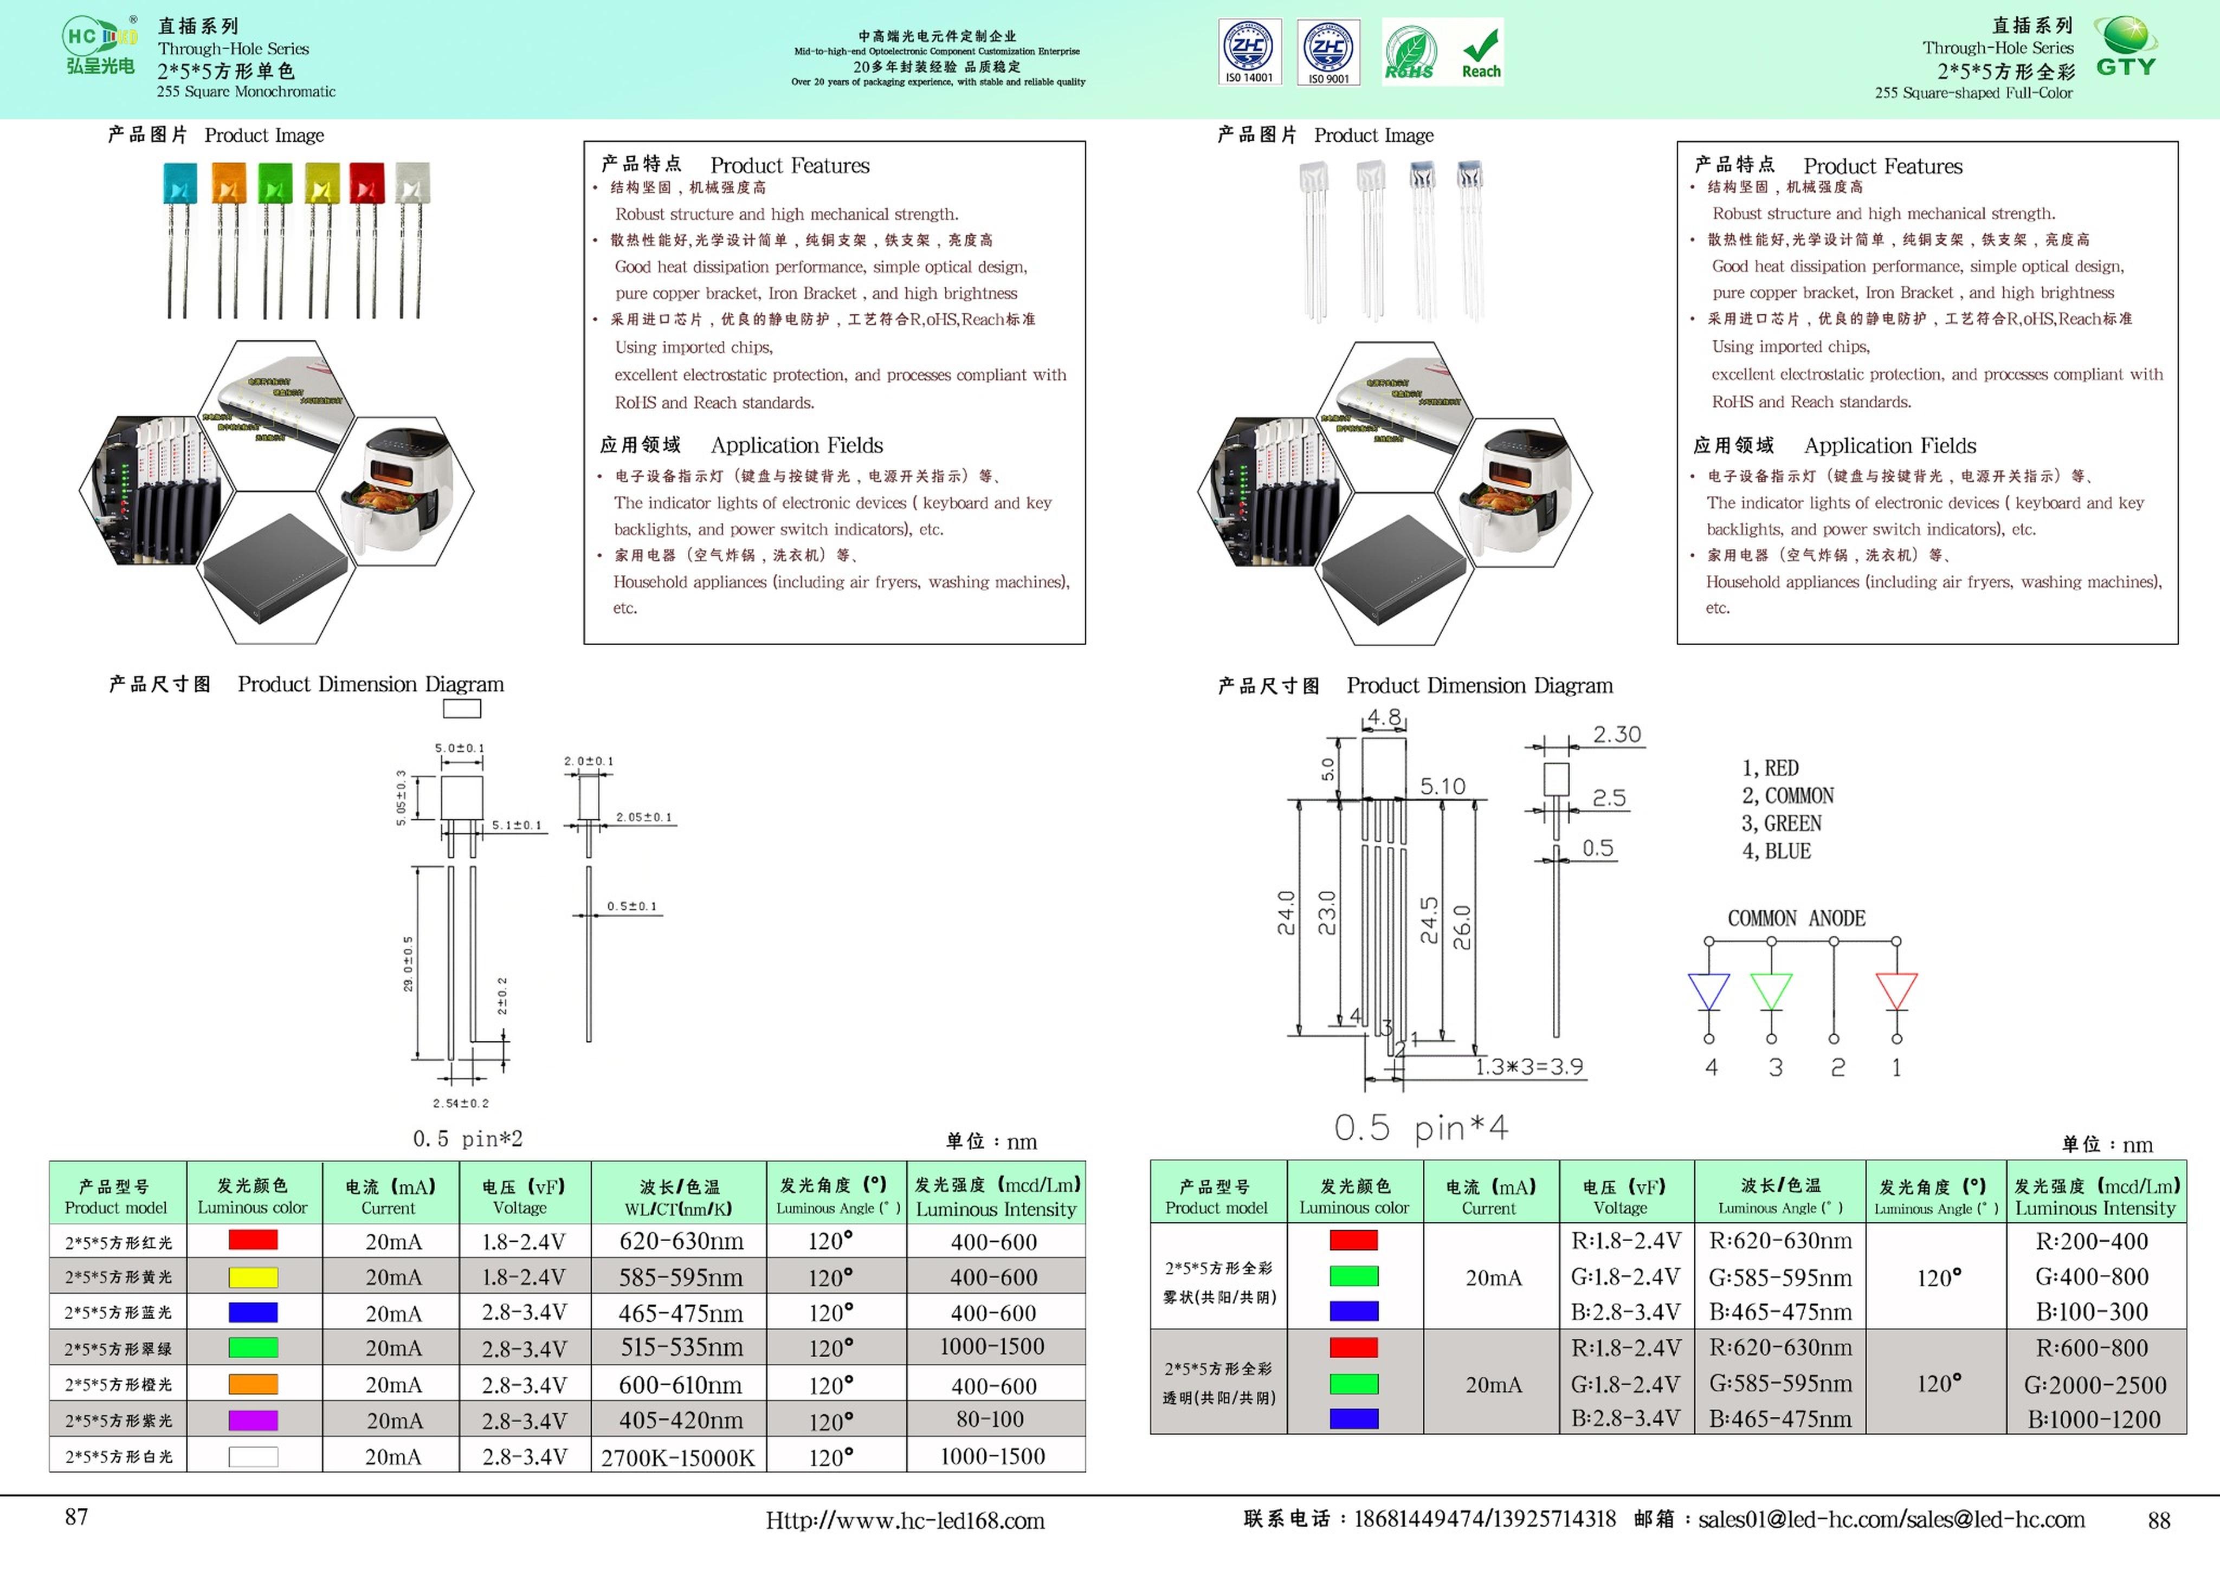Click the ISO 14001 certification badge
pos(1249,52)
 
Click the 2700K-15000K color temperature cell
pos(678,1457)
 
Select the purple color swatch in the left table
pos(253,1420)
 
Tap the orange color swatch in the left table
pos(253,1384)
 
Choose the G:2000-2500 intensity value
pos(2094,1384)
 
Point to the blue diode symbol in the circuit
pos(1708,991)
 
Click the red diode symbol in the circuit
pos(1895,991)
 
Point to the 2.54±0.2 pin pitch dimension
pos(460,1103)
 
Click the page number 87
pos(76,1517)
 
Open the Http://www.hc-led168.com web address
pos(905,1521)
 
